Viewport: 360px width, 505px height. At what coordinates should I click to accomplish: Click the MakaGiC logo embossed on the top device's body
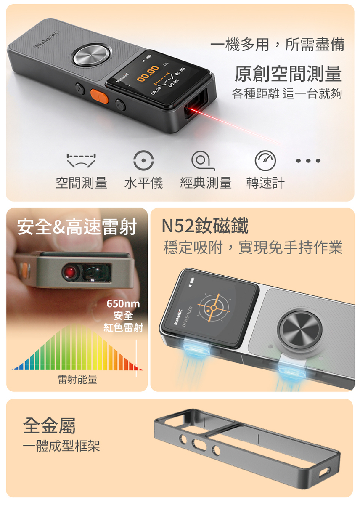[x=47, y=39]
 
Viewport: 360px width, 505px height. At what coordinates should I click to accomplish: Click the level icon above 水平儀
[x=143, y=160]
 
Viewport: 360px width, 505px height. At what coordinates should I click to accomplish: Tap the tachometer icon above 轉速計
[x=265, y=160]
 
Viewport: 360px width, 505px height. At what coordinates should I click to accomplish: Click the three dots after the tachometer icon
[x=308, y=161]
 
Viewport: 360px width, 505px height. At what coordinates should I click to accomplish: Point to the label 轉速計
[x=265, y=183]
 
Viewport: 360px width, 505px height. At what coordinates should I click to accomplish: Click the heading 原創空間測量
[x=288, y=73]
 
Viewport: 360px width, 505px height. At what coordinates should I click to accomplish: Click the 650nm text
[x=123, y=304]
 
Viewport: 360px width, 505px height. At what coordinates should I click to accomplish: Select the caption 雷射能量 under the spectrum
[x=77, y=379]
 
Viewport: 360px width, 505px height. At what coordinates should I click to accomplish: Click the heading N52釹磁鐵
[x=205, y=226]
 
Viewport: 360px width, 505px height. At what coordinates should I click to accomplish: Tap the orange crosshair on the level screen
[x=214, y=308]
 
